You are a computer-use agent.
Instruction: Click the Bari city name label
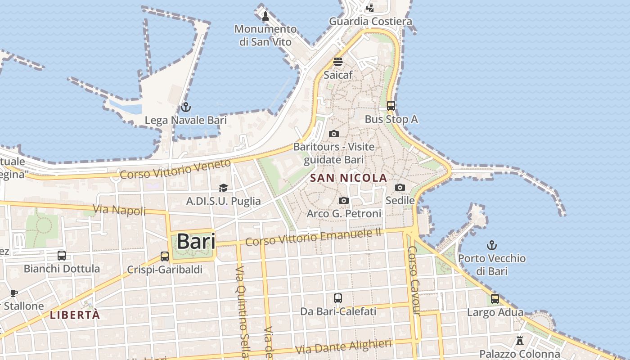click(196, 242)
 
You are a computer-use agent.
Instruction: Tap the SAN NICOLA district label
click(348, 178)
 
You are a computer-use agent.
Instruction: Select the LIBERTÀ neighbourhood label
click(75, 315)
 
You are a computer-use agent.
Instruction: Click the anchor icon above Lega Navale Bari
click(185, 107)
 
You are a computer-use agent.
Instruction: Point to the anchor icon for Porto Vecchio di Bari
click(492, 245)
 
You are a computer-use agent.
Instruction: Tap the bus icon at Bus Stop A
click(391, 106)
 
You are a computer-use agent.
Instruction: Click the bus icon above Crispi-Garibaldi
click(165, 256)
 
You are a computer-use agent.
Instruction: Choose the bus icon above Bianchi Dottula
click(62, 256)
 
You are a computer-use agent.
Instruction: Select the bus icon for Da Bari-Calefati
click(338, 298)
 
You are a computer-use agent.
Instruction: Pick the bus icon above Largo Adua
click(495, 298)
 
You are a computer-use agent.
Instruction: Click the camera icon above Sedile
click(400, 187)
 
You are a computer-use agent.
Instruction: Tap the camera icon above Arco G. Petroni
click(344, 200)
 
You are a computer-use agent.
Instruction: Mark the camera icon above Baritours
click(333, 134)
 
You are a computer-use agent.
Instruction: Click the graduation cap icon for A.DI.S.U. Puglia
click(223, 188)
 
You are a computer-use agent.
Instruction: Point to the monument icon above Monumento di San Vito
click(265, 17)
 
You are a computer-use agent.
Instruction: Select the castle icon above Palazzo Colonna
click(520, 340)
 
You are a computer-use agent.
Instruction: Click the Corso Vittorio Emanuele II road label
click(313, 237)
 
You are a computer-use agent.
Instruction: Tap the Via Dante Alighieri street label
click(343, 346)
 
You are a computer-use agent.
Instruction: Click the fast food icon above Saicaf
click(338, 62)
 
